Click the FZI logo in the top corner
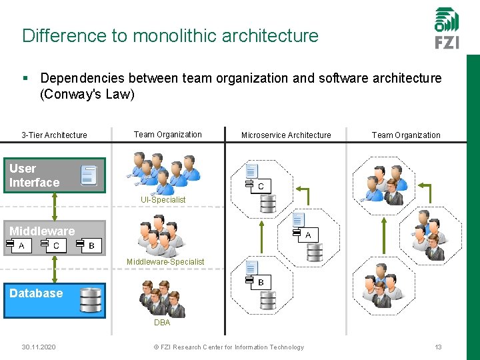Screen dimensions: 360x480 [446, 28]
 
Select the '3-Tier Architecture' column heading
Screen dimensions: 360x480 [54, 135]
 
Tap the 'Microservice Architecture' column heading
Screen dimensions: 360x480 [285, 135]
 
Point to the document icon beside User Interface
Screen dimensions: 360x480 [89, 175]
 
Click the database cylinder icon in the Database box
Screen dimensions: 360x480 [91, 300]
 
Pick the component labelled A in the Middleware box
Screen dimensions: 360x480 [16, 245]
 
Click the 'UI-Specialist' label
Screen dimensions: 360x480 [163, 200]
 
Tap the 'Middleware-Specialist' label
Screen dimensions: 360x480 [165, 262]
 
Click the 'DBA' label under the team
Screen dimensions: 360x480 [162, 323]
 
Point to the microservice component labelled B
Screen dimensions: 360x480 [255, 282]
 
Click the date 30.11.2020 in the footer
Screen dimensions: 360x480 [38, 347]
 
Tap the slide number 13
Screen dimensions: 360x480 [438, 347]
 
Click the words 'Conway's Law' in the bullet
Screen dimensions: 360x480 [87, 94]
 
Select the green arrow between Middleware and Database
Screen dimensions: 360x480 [54, 270]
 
